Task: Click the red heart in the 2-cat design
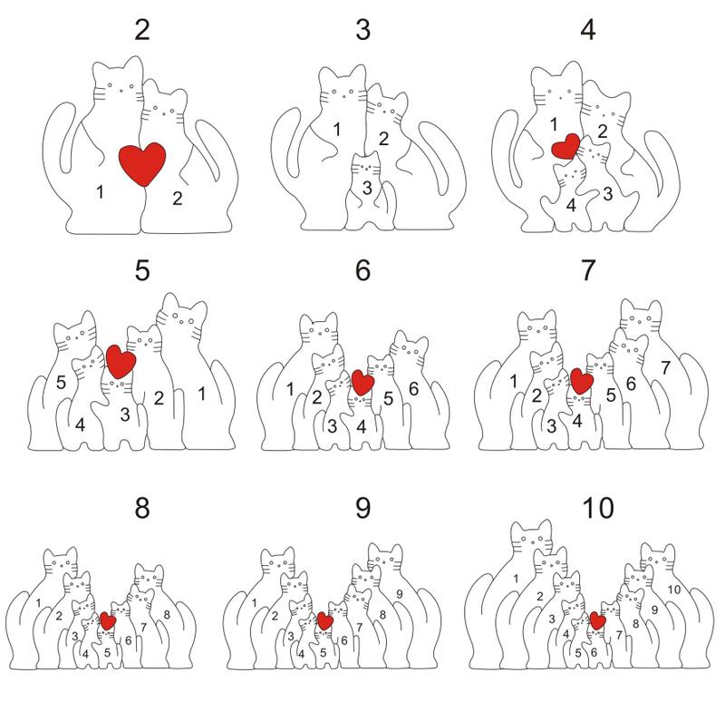pos(142,164)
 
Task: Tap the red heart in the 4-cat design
pos(565,147)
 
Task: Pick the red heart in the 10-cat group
pos(598,620)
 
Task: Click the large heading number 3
pos(363,30)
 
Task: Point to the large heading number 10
pos(598,508)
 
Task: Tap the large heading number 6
pos(363,269)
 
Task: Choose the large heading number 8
pos(142,508)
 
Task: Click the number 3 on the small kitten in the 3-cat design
pos(367,188)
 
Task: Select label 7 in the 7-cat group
pos(665,368)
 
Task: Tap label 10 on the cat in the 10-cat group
pos(674,590)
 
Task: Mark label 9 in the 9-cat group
pos(400,594)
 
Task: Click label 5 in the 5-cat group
pos(61,383)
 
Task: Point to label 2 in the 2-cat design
pos(177,199)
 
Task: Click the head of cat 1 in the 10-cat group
pos(532,538)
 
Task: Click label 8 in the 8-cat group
pos(167,615)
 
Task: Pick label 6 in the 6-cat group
pos(413,389)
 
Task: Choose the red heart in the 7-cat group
pos(582,381)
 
